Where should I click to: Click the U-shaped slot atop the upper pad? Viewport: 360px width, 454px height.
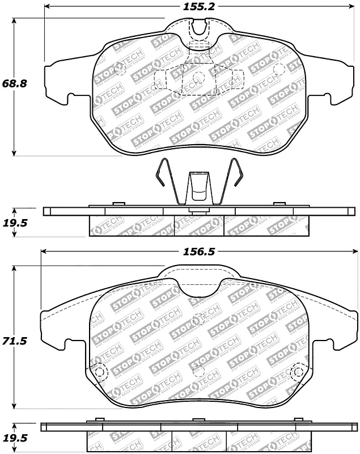[198, 25]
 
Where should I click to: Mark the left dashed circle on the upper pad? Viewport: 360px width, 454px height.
[120, 69]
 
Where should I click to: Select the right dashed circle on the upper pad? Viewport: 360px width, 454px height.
[279, 69]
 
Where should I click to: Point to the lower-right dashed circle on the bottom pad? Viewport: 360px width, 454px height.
[296, 373]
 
